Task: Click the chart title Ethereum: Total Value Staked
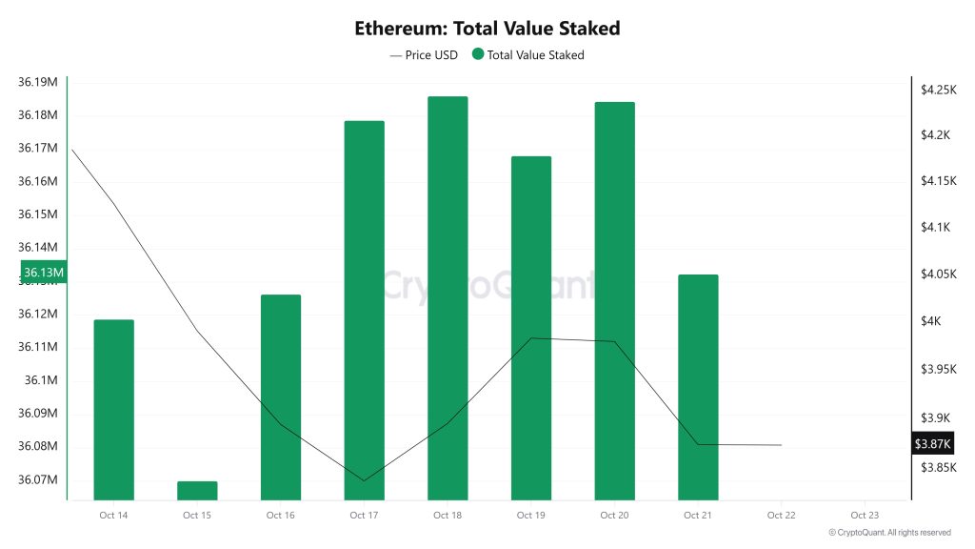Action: coord(487,28)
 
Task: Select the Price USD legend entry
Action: coord(424,55)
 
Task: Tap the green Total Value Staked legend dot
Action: coord(477,55)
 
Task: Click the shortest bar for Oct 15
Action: coord(197,490)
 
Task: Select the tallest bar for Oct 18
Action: coord(448,297)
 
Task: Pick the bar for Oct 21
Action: coord(698,386)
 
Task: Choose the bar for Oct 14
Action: coord(113,409)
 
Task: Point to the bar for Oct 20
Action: coord(614,300)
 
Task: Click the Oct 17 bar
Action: coord(364,310)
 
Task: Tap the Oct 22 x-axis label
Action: coord(781,516)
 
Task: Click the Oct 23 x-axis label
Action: coord(865,516)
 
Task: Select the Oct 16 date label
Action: coord(280,516)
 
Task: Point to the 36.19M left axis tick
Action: coord(38,82)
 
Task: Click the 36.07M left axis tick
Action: coord(38,479)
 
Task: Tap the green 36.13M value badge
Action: coord(42,274)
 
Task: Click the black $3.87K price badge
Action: coord(932,444)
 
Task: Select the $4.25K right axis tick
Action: coord(938,90)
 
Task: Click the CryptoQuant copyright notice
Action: coord(889,533)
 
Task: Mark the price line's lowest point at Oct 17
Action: coord(364,480)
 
